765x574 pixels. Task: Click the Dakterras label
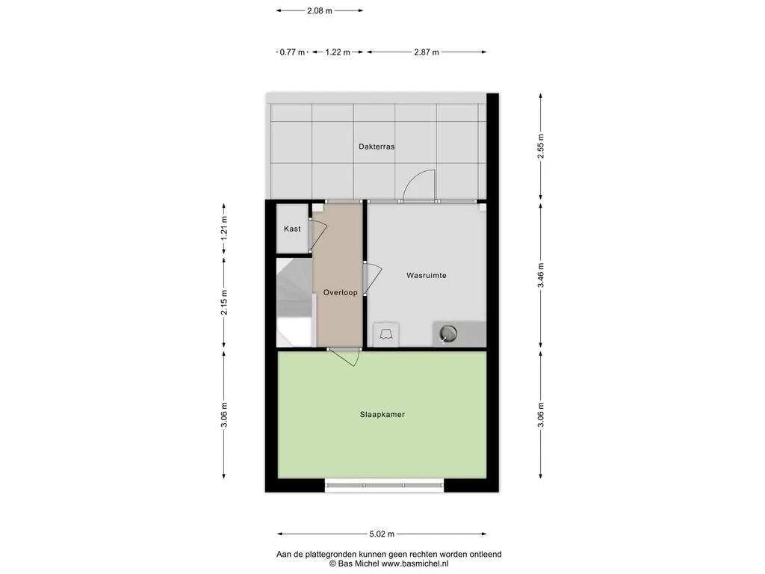(x=377, y=146)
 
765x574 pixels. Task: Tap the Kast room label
(x=292, y=229)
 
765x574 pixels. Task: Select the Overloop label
(x=340, y=293)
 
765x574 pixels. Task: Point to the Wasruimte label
(x=427, y=275)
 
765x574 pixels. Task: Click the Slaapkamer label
(x=382, y=414)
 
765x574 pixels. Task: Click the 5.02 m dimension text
(x=382, y=534)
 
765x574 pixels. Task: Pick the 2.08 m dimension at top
(x=320, y=10)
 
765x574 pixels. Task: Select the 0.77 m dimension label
(x=292, y=52)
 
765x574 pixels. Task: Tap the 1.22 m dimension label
(x=338, y=52)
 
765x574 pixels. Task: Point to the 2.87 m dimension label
(x=427, y=52)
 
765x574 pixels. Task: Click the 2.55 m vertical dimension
(x=541, y=146)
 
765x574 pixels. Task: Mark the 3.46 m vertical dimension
(x=541, y=275)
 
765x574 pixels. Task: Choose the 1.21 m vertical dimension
(x=224, y=229)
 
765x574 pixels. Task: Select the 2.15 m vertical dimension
(x=224, y=303)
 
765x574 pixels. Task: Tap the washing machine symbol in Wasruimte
(x=386, y=334)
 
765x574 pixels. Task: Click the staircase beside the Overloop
(x=294, y=303)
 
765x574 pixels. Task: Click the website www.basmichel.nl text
(x=415, y=564)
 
